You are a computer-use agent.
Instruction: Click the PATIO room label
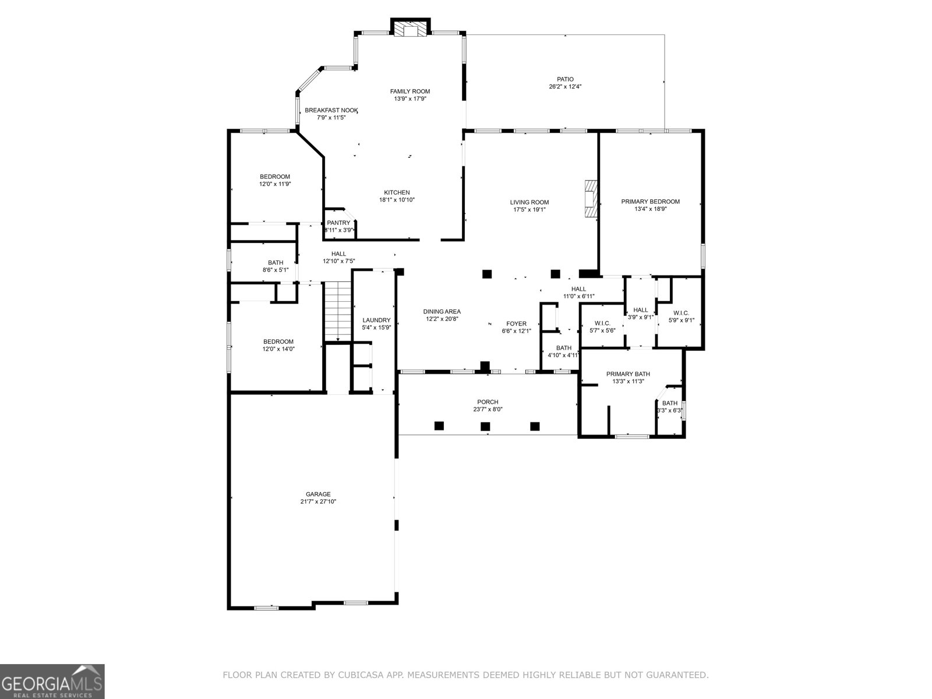coord(564,79)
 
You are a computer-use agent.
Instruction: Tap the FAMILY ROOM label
coord(409,91)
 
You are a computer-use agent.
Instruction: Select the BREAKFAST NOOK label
coord(331,110)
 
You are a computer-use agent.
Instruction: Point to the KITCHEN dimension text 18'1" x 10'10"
coord(397,199)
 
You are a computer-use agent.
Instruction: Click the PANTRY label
coord(338,223)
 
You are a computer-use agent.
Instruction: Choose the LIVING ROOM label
coord(529,203)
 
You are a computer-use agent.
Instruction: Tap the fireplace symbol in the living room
coord(591,199)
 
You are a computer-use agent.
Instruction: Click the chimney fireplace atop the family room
coord(410,29)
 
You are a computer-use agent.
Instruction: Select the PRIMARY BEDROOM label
coord(650,202)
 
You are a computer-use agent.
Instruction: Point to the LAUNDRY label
coord(376,320)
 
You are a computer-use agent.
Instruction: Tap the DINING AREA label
coord(442,312)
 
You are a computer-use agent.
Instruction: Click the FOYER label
coord(516,323)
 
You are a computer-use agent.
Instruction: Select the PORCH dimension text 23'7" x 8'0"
coord(488,409)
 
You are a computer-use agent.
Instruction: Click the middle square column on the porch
coord(485,426)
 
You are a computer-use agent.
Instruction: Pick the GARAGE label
coord(318,494)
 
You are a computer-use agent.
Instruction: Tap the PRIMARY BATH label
coord(628,374)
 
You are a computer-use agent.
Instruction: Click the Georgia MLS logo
coord(52,681)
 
